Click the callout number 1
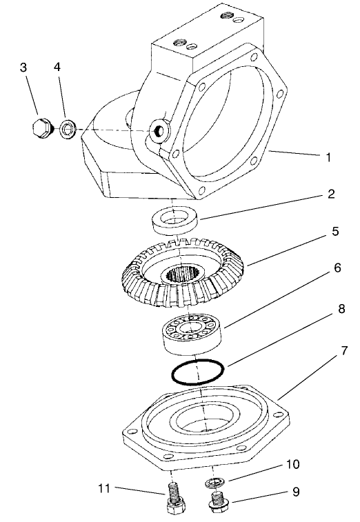tap(329, 157)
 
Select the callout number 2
tap(331, 194)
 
